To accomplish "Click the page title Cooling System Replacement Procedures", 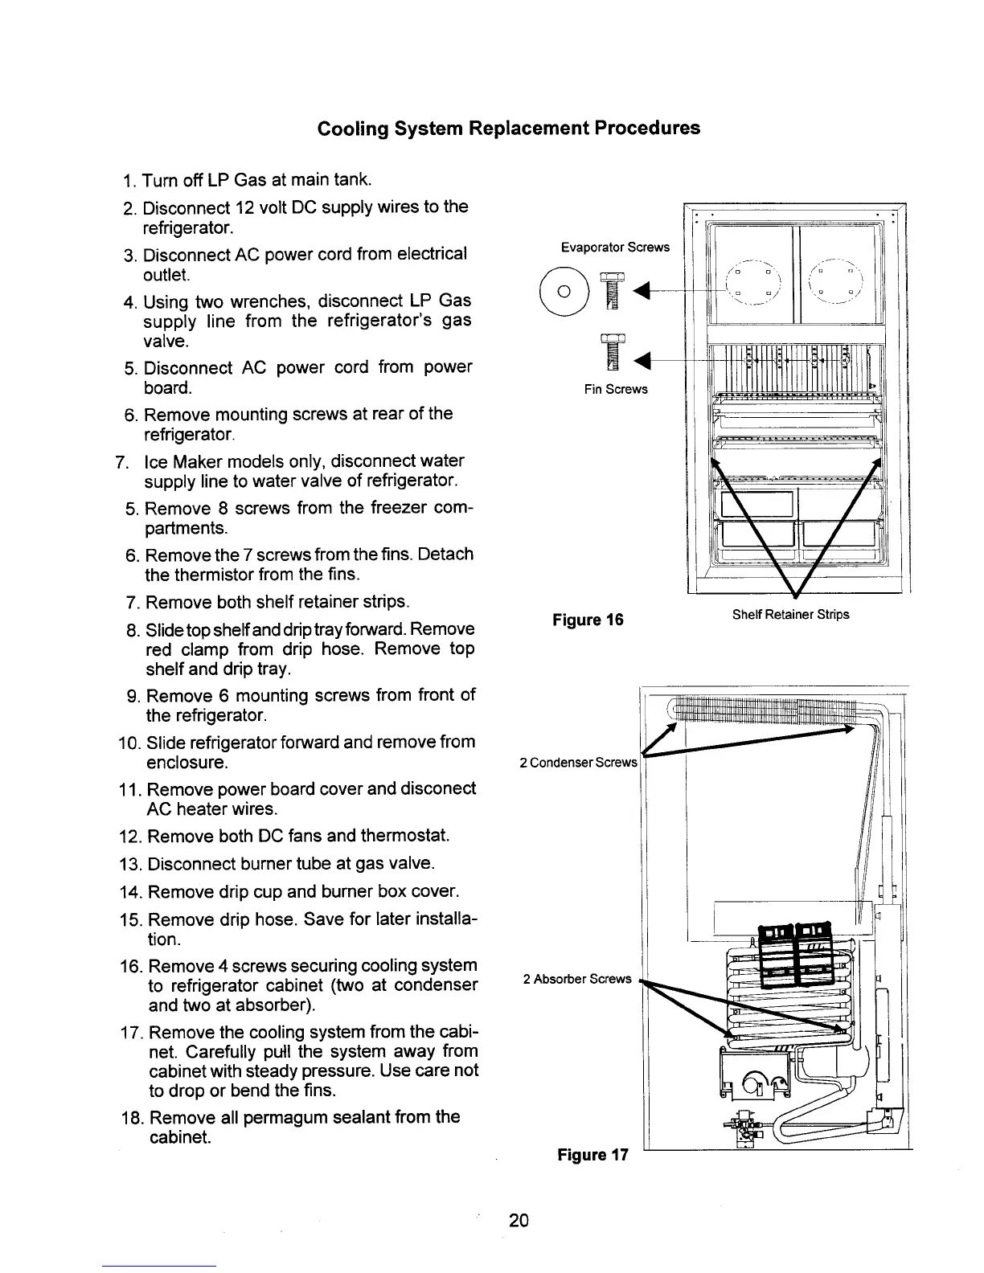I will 509,129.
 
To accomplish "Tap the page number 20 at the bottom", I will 519,1221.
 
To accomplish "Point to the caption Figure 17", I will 592,1155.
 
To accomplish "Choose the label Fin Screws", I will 616,390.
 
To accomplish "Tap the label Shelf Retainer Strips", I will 790,615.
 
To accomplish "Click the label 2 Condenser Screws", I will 578,762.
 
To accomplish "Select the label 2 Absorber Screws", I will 577,979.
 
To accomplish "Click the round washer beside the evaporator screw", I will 563,290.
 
